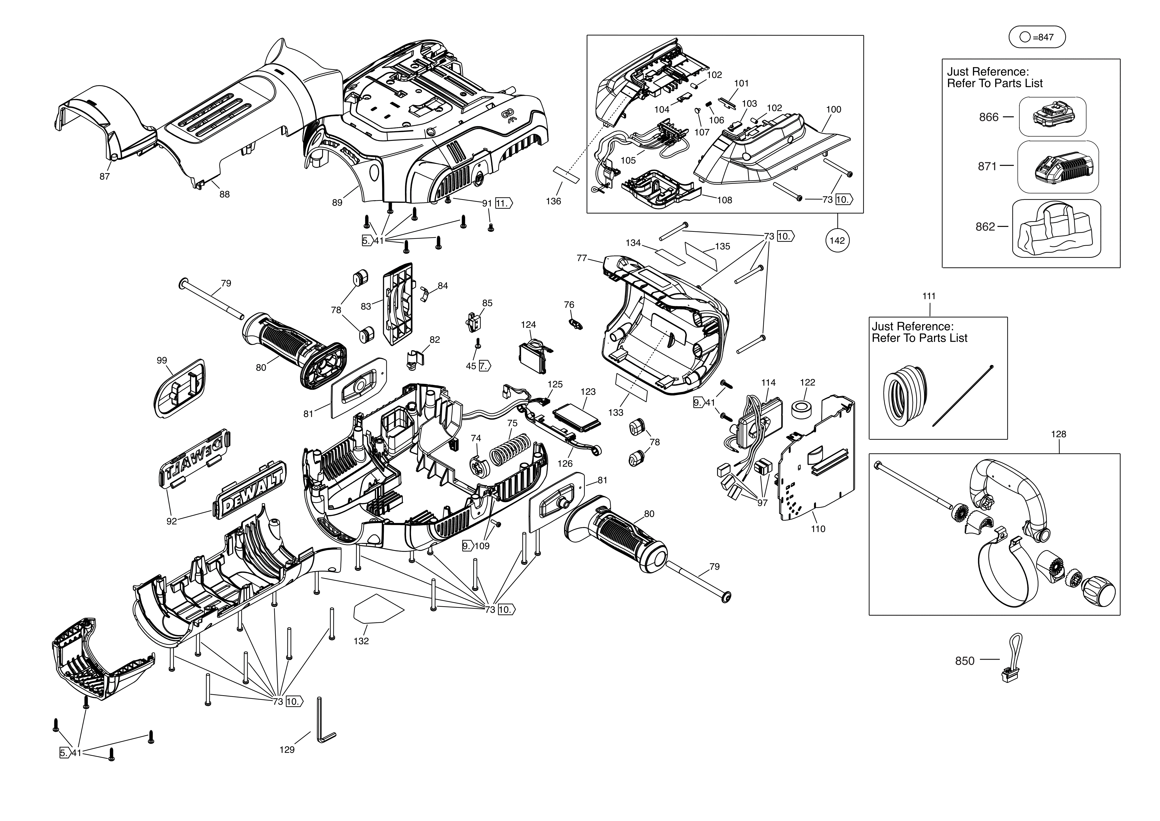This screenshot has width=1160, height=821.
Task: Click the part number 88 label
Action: pyautogui.click(x=224, y=194)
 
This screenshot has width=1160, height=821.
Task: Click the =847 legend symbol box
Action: pyautogui.click(x=1037, y=37)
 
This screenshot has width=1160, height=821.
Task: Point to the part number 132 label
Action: pyautogui.click(x=361, y=641)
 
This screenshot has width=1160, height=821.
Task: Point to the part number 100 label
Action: pyautogui.click(x=833, y=109)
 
